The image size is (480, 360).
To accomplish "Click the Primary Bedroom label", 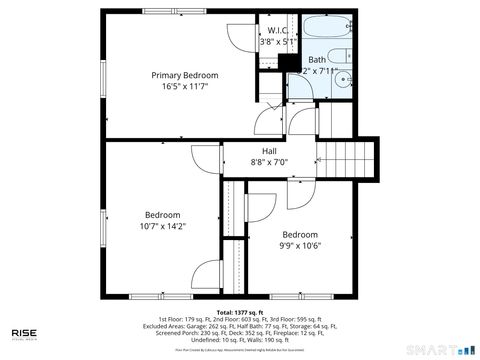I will coord(184,75).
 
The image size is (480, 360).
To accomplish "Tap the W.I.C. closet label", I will coord(277,30).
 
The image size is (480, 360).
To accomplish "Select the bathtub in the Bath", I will coord(326,27).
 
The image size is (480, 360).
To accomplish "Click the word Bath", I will coord(316,59).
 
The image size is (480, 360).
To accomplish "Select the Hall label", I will coord(269,150).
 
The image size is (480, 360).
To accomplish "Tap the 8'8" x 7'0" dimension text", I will coord(269,162).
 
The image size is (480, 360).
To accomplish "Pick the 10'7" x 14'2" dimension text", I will coord(162,227).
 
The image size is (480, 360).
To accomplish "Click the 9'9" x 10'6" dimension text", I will coord(299,246).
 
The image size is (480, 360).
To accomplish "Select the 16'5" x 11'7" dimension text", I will coord(184,87).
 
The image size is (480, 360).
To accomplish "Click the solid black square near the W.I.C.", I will coord(289,65).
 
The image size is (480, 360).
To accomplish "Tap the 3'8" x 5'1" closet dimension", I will coord(277,42).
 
